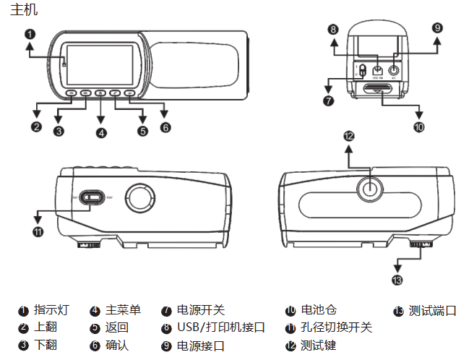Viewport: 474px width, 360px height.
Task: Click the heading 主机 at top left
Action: tap(25, 10)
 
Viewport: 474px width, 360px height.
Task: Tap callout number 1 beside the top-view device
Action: tap(29, 34)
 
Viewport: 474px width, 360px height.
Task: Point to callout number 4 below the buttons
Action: tap(100, 132)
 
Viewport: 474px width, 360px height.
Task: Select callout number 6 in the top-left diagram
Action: tap(165, 127)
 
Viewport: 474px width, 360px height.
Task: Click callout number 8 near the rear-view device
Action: tap(332, 30)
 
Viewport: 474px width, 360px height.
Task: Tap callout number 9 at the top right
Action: tap(437, 28)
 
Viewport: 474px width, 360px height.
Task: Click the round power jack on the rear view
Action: tap(394, 70)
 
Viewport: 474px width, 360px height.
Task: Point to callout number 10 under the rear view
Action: tap(419, 127)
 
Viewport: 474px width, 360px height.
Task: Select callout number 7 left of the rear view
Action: tap(329, 100)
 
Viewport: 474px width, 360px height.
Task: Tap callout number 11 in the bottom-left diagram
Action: tap(38, 231)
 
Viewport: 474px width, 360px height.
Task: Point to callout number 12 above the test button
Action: tap(350, 135)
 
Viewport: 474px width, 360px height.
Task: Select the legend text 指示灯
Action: tap(51, 311)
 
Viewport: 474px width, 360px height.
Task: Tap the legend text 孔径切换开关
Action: tap(336, 328)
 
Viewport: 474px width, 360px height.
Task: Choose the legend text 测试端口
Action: tap(432, 311)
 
